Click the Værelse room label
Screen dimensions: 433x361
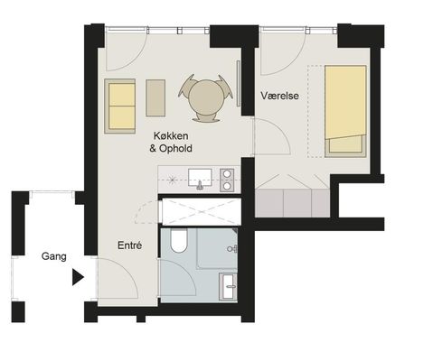pos(279,96)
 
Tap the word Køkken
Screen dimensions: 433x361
pos(171,135)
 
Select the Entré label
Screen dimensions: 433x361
pos(129,245)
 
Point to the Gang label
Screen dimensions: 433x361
pos(53,256)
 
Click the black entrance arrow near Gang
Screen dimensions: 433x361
pos(78,277)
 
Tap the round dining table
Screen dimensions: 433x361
pos(206,97)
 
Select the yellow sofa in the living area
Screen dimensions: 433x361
pos(120,106)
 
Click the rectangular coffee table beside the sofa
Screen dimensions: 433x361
pos(155,97)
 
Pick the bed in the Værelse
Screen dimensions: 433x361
pos(345,111)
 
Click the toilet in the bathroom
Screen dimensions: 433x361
pos(179,240)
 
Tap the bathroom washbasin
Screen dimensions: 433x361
pos(229,287)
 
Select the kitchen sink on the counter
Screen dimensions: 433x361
pos(200,178)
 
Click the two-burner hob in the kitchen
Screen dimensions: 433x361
pos(227,180)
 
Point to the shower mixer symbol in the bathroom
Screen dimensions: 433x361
pos(232,249)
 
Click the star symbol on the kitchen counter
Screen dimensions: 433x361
pos(172,180)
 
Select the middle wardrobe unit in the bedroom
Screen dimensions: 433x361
pos(297,203)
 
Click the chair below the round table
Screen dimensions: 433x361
pos(206,118)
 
